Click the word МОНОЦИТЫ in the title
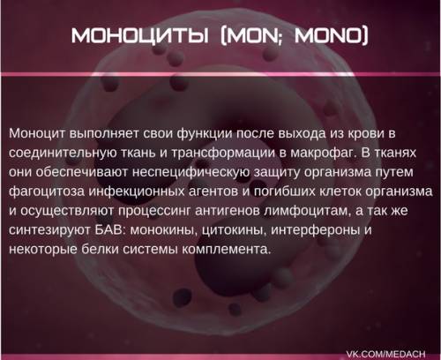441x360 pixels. point(140,36)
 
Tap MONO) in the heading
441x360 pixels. point(332,36)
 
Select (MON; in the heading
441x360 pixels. point(251,36)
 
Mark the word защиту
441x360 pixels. point(276,173)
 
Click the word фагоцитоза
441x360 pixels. point(47,191)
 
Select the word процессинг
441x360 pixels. point(154,211)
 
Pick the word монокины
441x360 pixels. point(164,230)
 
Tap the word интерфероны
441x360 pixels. point(315,230)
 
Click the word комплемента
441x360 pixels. point(226,250)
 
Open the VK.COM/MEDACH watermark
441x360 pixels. point(385,354)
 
